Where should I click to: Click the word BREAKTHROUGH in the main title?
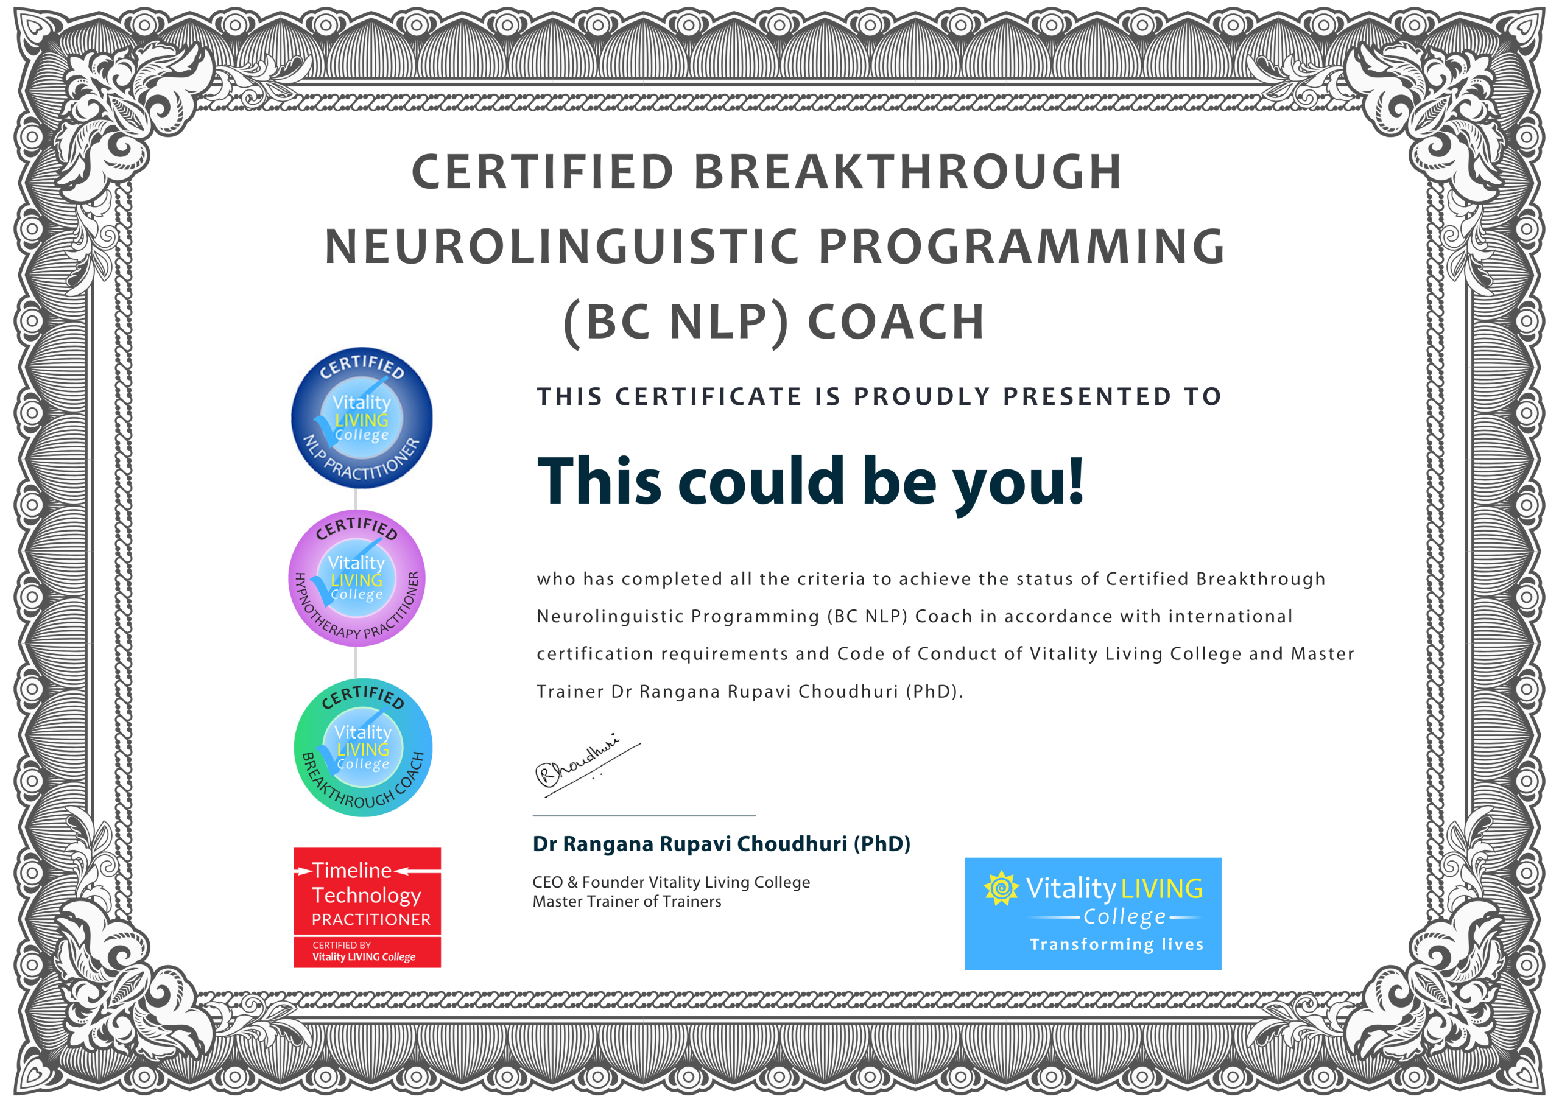click(x=907, y=171)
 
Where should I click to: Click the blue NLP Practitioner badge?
click(x=362, y=418)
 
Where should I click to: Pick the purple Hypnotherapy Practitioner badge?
click(x=357, y=578)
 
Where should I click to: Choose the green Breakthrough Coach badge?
click(x=364, y=747)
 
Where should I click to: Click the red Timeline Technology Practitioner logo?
click(x=367, y=907)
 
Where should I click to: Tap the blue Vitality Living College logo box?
click(x=1093, y=913)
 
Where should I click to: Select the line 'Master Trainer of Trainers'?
click(x=627, y=902)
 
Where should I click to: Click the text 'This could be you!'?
click(x=810, y=483)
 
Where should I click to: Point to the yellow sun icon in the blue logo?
click(x=1001, y=888)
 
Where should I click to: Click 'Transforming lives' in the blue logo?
click(x=1117, y=944)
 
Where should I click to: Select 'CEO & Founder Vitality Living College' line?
click(x=671, y=883)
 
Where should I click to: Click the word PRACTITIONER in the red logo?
click(x=371, y=919)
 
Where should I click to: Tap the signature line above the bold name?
click(x=644, y=815)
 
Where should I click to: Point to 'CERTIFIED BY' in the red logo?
click(x=342, y=945)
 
